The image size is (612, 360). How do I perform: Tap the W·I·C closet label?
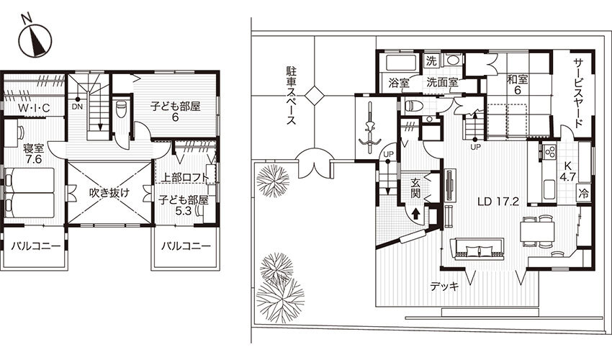click(34, 108)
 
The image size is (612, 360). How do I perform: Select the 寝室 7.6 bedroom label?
click(34, 153)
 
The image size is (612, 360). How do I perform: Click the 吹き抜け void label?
click(109, 193)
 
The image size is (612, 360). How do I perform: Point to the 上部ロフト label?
click(184, 177)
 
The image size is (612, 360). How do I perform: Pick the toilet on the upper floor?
click(122, 109)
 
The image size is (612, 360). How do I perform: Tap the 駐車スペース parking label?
click(291, 96)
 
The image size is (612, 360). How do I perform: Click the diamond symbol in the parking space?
click(315, 95)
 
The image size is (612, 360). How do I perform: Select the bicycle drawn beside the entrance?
click(369, 124)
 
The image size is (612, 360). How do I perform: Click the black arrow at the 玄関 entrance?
click(415, 213)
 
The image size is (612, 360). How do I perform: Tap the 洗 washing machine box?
click(431, 61)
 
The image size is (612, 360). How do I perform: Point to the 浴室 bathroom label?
click(399, 84)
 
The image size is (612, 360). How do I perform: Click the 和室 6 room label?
click(518, 84)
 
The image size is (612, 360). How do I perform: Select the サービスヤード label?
click(578, 94)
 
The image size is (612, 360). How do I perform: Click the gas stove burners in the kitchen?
click(549, 150)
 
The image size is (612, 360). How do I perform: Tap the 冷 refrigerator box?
click(583, 194)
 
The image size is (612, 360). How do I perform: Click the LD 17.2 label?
click(498, 202)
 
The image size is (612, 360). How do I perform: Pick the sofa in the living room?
click(477, 248)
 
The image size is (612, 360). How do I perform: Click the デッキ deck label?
click(444, 287)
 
